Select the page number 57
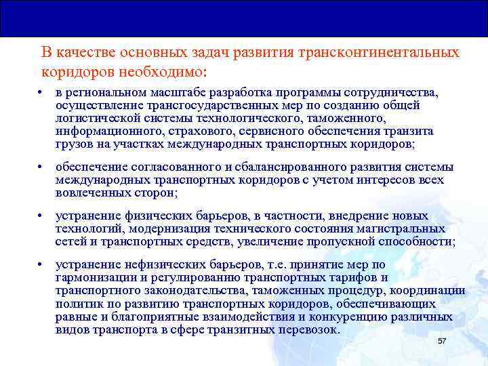point(442,340)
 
